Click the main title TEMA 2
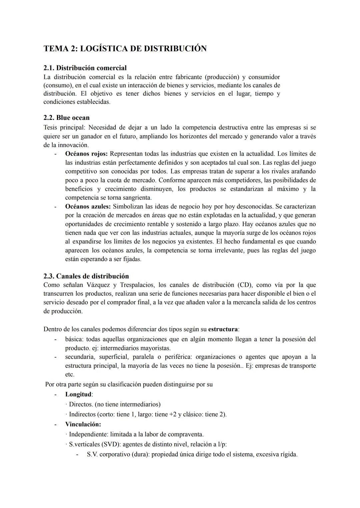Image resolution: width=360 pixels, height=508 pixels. pyautogui.click(x=125, y=49)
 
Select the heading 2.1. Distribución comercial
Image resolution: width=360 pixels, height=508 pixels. pyautogui.click(x=85, y=68)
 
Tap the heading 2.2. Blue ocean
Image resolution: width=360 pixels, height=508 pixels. pyautogui.click(x=66, y=118)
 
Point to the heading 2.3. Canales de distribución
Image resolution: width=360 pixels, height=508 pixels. pyautogui.click(x=86, y=276)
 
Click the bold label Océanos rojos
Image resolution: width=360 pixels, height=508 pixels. pyautogui.click(x=86, y=154)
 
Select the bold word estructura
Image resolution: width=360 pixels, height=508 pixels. pyautogui.click(x=223, y=329)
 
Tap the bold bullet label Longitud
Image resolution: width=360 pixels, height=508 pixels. pyautogui.click(x=78, y=394)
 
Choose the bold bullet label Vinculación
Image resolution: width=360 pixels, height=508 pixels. pyautogui.click(x=83, y=424)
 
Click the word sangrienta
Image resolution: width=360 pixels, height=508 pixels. pyautogui.click(x=136, y=198)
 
